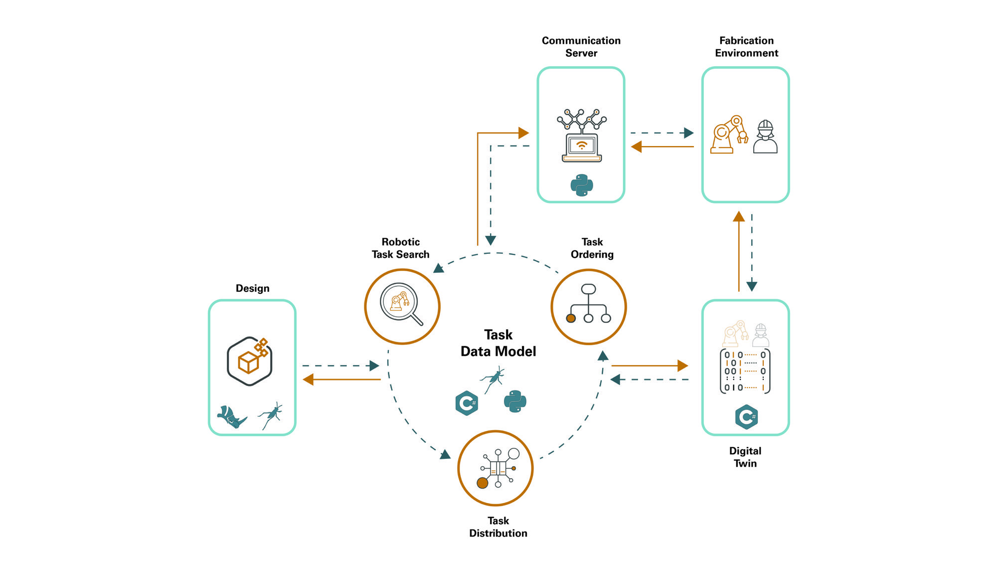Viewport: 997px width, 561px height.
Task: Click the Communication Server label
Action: coord(581,47)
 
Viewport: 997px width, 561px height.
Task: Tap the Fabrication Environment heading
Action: coord(746,47)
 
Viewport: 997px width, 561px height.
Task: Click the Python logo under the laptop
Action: coord(582,185)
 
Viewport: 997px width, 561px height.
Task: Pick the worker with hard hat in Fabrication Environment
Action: coord(765,137)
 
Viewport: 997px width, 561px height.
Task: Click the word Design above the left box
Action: coord(252,288)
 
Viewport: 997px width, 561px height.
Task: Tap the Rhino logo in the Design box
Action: coord(231,416)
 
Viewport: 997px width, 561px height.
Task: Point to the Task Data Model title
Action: coord(498,343)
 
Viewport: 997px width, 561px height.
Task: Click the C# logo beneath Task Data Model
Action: coord(467,403)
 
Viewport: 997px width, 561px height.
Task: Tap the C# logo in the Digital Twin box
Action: coord(746,417)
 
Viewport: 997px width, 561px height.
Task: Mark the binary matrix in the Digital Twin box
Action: coord(745,371)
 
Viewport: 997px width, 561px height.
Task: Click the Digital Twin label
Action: coord(745,457)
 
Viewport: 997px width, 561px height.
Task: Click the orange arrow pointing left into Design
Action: coord(341,379)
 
